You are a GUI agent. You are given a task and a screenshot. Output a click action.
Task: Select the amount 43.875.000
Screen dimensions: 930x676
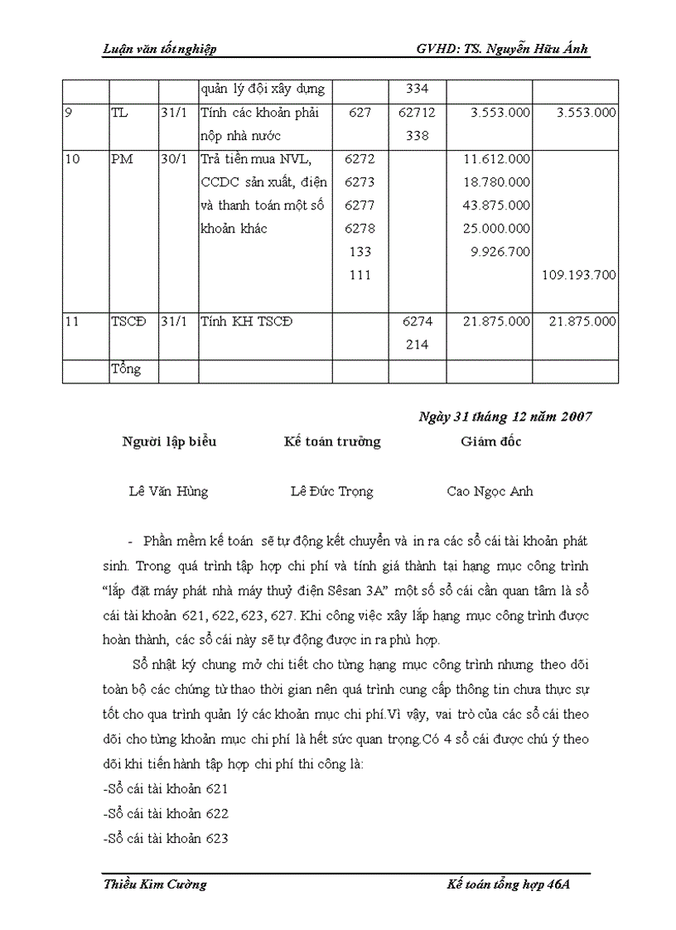tap(497, 205)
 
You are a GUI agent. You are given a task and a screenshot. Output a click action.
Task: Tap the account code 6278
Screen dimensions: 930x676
tap(360, 229)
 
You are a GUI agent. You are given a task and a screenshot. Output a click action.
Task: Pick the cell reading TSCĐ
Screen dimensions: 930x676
tap(128, 322)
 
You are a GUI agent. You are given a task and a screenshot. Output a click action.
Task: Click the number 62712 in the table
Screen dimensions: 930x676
tap(417, 112)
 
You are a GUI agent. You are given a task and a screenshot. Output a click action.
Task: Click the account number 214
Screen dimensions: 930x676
tap(417, 345)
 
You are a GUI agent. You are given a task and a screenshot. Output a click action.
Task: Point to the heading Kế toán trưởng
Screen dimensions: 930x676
tap(331, 441)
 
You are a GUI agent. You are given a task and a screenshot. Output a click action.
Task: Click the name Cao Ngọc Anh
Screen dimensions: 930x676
tap(490, 491)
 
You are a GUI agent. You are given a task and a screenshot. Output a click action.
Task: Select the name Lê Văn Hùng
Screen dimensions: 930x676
tap(168, 491)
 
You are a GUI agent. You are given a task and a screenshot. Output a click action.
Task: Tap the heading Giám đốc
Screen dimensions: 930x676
tap(491, 441)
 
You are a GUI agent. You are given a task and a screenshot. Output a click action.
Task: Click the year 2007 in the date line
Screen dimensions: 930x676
tap(572, 417)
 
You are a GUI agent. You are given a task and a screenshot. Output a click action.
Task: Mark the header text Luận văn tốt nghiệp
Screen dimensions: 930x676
tap(159, 50)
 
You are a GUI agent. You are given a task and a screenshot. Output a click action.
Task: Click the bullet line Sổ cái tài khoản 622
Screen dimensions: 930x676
tap(166, 813)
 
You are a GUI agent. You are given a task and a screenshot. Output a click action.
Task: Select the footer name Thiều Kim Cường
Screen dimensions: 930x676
tap(155, 884)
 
